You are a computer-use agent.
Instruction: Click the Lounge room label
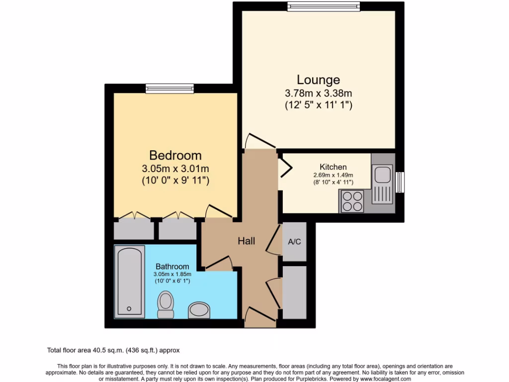(318, 80)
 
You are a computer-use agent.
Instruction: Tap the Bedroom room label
(175, 155)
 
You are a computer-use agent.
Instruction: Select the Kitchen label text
(333, 167)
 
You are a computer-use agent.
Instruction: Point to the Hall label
(247, 241)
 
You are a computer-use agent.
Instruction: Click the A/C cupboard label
(294, 242)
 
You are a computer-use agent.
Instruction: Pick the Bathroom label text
(172, 267)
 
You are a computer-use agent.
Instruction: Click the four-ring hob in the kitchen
(352, 201)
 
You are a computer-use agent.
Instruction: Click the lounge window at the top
(323, 6)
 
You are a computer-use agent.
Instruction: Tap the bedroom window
(170, 88)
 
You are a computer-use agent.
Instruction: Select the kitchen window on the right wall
(400, 182)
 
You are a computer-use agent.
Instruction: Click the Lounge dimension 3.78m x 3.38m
(318, 93)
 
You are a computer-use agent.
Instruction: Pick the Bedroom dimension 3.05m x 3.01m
(175, 168)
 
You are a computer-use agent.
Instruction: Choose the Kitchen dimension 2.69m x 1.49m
(333, 175)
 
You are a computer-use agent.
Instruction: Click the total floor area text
(117, 350)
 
